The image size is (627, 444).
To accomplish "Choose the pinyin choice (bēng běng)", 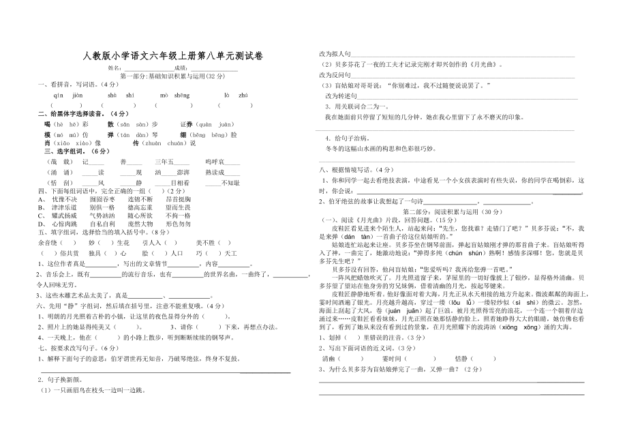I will (x=213, y=134).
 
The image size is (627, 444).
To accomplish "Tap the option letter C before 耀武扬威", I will (x=41, y=215).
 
